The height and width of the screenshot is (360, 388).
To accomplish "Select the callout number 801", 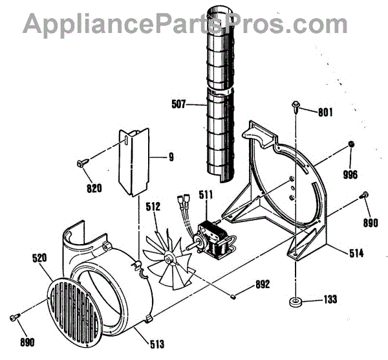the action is coord(325,111).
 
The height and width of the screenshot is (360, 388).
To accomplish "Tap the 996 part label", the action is coord(350,174).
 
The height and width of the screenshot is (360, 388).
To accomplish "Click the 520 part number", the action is coord(41,258).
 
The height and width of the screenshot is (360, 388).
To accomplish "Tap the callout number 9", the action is coord(171,155).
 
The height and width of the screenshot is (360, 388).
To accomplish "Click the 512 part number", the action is coord(153,208).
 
